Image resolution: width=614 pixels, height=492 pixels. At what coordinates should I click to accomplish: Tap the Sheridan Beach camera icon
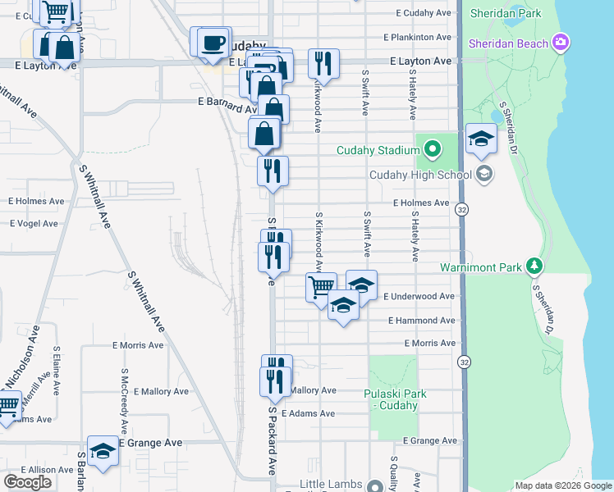(x=561, y=42)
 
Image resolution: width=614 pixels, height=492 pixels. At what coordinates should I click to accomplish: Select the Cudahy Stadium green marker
(x=433, y=149)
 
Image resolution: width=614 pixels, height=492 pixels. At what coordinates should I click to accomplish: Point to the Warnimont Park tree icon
(x=534, y=266)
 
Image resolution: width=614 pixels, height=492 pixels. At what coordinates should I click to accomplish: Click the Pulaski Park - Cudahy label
(x=395, y=399)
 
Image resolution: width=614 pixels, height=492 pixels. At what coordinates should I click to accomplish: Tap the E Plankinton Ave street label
(x=423, y=37)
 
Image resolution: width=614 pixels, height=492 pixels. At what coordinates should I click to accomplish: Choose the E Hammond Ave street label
(x=421, y=321)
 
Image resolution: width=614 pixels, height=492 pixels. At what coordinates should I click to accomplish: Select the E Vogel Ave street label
(x=34, y=223)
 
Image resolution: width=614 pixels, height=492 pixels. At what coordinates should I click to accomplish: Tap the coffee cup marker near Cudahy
(x=213, y=42)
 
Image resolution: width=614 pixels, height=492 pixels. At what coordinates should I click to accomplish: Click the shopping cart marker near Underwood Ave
(x=321, y=286)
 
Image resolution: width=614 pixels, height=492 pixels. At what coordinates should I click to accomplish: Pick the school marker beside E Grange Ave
(x=103, y=450)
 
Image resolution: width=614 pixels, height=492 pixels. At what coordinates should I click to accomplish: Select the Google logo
(x=27, y=482)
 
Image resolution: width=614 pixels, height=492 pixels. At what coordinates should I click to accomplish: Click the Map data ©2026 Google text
(x=562, y=485)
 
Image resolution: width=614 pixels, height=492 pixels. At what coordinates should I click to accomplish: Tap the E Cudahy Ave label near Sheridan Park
(x=424, y=13)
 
